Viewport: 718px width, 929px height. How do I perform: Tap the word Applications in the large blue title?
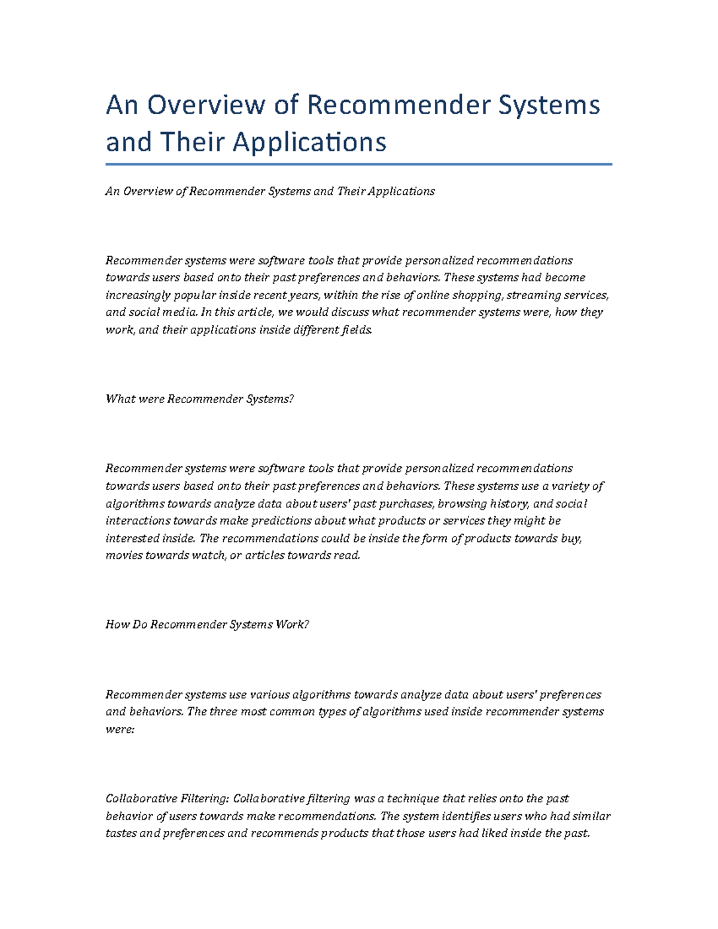[309, 142]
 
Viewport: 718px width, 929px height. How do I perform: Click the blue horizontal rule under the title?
[358, 164]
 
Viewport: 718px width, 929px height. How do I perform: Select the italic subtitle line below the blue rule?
[270, 191]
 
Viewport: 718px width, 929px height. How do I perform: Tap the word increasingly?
[138, 295]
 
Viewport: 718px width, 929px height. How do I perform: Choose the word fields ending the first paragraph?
[357, 330]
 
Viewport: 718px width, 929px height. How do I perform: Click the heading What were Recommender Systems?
[200, 399]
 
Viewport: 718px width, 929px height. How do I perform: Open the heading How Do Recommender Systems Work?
[207, 625]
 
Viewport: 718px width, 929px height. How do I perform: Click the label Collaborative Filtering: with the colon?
[167, 799]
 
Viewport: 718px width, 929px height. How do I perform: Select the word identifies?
[461, 816]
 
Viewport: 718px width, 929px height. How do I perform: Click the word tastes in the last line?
[121, 833]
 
